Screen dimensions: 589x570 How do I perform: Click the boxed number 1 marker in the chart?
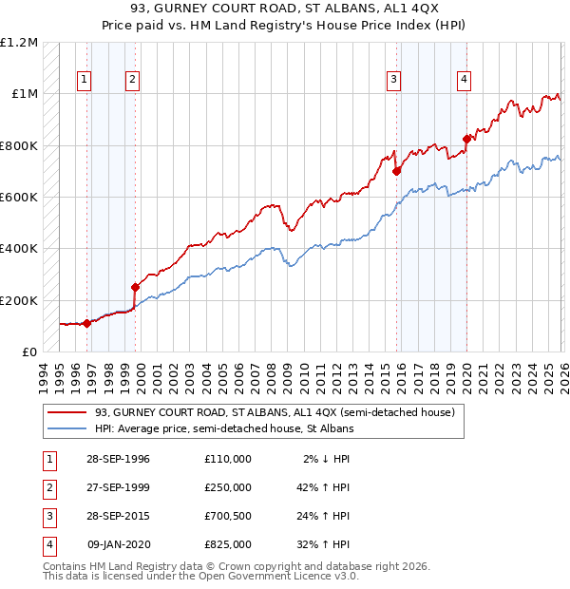click(86, 80)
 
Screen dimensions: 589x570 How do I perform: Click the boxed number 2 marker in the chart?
click(132, 80)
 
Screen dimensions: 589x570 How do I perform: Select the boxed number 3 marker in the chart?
click(392, 80)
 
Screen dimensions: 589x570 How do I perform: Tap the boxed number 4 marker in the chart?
click(464, 80)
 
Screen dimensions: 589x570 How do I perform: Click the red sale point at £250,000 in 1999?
click(135, 287)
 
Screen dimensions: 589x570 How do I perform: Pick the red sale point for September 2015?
click(396, 171)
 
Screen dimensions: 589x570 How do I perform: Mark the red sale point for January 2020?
click(466, 139)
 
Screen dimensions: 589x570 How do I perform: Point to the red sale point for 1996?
click(86, 323)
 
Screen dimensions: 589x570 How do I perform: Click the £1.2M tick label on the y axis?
click(19, 43)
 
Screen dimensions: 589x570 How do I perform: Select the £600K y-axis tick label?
click(19, 198)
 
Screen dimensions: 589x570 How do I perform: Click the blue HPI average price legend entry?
click(224, 429)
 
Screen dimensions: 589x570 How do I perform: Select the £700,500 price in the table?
click(227, 515)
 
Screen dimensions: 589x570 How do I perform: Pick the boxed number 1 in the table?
click(47, 458)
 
